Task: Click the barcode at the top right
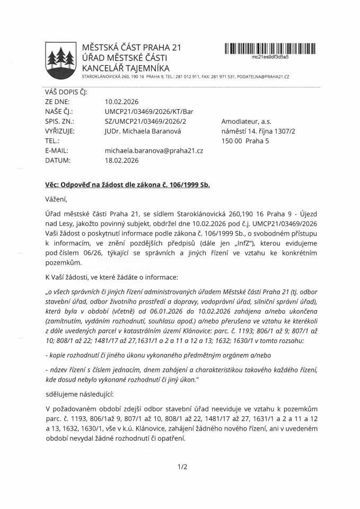(270, 49)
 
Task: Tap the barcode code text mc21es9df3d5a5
(270, 57)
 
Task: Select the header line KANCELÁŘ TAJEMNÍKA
(126, 68)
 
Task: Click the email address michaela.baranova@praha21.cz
(154, 151)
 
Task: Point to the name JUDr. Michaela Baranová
(139, 131)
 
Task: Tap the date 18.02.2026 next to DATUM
(121, 160)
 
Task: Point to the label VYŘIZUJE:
(60, 131)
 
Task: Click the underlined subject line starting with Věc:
(127, 185)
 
